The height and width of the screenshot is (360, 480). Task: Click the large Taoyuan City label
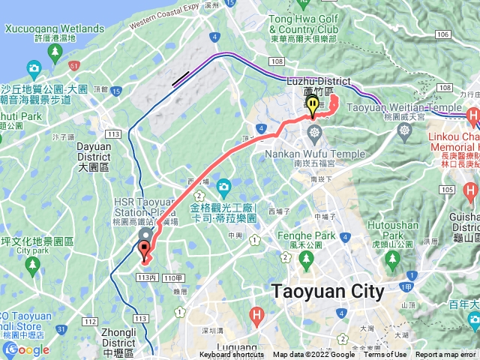pos(328,291)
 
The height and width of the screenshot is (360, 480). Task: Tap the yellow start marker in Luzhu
pos(312,108)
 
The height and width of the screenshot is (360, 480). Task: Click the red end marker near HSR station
pos(145,250)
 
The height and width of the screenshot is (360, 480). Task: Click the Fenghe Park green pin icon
pos(306,259)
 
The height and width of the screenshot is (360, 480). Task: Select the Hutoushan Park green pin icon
pos(391,259)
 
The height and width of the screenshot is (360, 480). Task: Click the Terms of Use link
pos(385,355)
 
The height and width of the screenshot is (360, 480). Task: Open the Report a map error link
pos(447,355)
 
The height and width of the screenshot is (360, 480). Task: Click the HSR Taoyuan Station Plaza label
pos(156,202)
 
